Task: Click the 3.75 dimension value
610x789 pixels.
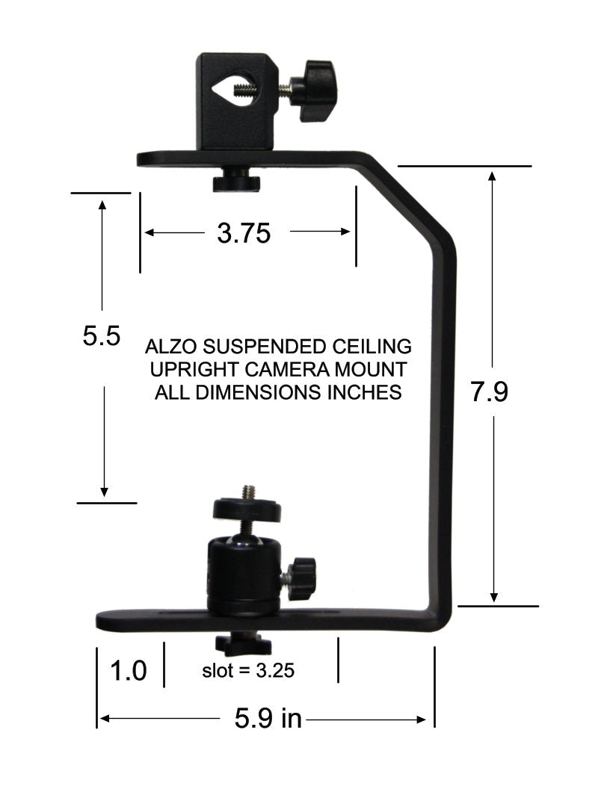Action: click(243, 234)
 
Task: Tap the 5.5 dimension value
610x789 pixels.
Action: click(102, 336)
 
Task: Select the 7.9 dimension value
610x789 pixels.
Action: click(490, 392)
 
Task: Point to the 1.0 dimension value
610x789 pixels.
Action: click(128, 670)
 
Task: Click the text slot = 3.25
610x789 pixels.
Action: click(248, 670)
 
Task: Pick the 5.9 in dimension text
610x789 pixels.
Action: click(268, 719)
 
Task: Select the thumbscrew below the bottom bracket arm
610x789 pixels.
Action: click(232, 643)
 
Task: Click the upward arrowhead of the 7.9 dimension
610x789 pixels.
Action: click(493, 176)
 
